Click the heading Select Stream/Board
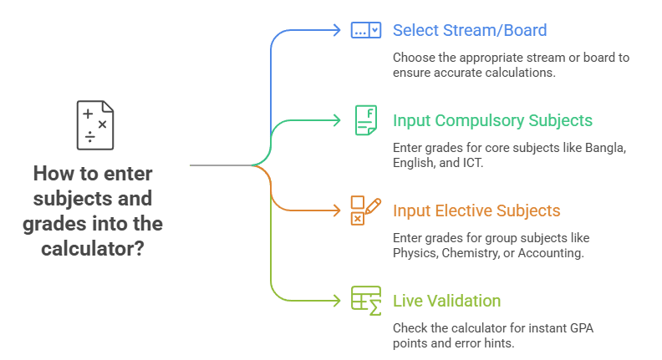coord(469,31)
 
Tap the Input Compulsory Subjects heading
coord(492,120)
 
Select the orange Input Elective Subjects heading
coord(476,210)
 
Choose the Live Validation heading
coord(446,300)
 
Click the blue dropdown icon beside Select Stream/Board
coord(365,31)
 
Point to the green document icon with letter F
coord(365,120)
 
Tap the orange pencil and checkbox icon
coord(365,210)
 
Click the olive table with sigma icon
coord(365,300)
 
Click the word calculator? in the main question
coord(98,248)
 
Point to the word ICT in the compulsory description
coord(472,163)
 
